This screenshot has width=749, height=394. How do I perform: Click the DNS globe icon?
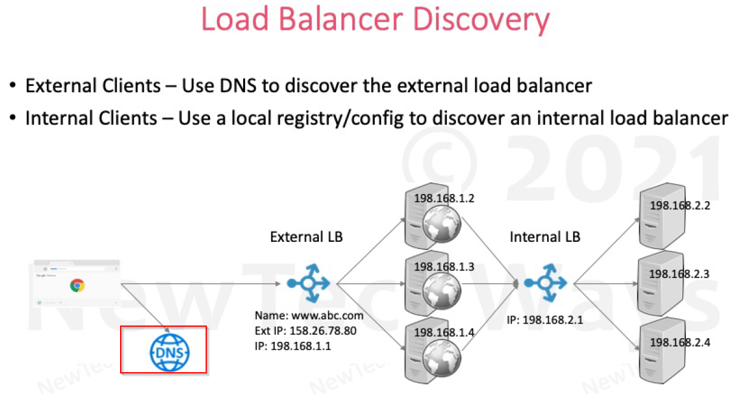coord(169,350)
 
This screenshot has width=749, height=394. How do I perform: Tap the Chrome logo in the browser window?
coord(76,285)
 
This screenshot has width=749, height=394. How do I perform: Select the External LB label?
coord(306,236)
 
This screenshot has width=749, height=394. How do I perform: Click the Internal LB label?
coord(545,236)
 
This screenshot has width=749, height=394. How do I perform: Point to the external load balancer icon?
coord(309,282)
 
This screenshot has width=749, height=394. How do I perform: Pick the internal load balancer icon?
coord(546,282)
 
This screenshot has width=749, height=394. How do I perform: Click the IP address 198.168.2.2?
coord(679,205)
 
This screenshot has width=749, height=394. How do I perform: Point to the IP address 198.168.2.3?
coord(679,273)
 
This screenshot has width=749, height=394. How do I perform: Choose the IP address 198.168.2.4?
coord(679,342)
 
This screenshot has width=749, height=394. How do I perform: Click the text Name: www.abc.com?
coord(309,315)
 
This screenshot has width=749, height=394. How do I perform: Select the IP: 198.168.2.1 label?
coord(545,319)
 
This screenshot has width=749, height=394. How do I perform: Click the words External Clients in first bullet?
coord(89,85)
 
